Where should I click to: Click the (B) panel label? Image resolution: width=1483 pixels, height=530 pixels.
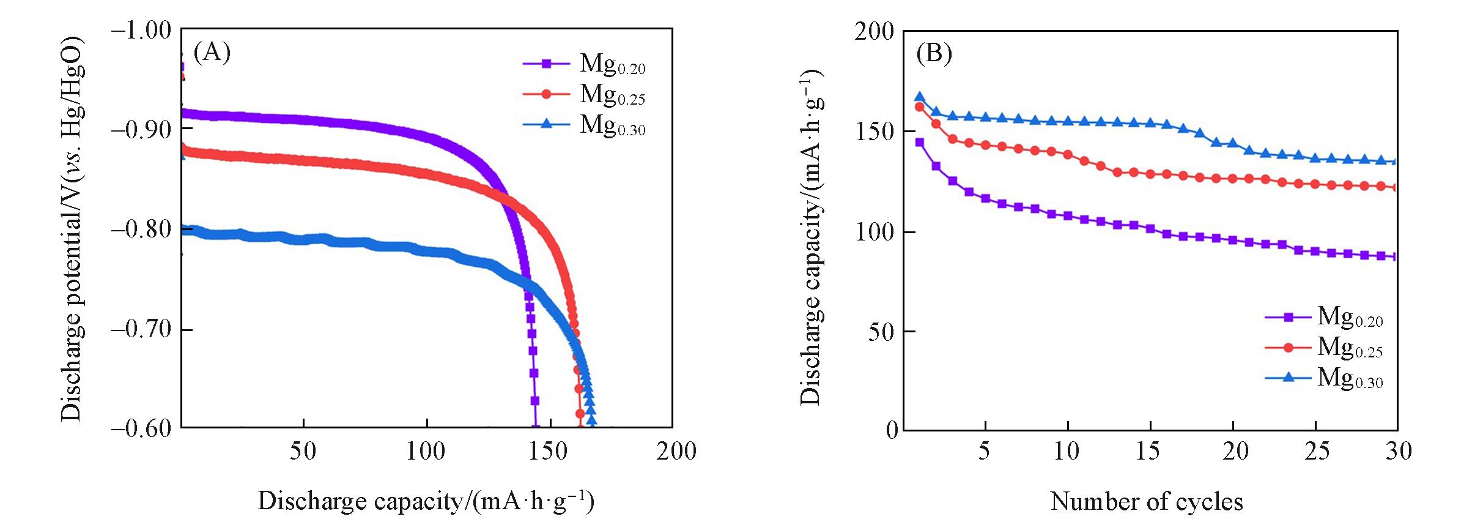[933, 54]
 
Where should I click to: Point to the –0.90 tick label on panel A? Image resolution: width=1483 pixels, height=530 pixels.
[141, 129]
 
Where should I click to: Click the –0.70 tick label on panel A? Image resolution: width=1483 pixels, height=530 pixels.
[141, 329]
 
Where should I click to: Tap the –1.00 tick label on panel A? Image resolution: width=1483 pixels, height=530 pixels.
[141, 30]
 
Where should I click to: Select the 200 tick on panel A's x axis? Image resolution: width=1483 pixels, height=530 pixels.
[676, 452]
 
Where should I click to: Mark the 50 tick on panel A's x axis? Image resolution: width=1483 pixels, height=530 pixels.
[303, 452]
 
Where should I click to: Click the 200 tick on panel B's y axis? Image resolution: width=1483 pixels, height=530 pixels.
[874, 31]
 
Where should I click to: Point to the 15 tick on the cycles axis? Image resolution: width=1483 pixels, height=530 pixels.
[1148, 452]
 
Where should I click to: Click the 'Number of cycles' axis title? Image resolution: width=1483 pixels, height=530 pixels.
[1147, 502]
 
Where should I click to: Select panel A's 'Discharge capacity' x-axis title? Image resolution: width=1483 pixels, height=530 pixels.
[426, 501]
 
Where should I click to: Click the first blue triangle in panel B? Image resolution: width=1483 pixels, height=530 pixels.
[919, 97]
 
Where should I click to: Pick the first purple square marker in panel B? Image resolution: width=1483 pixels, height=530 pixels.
[919, 143]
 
